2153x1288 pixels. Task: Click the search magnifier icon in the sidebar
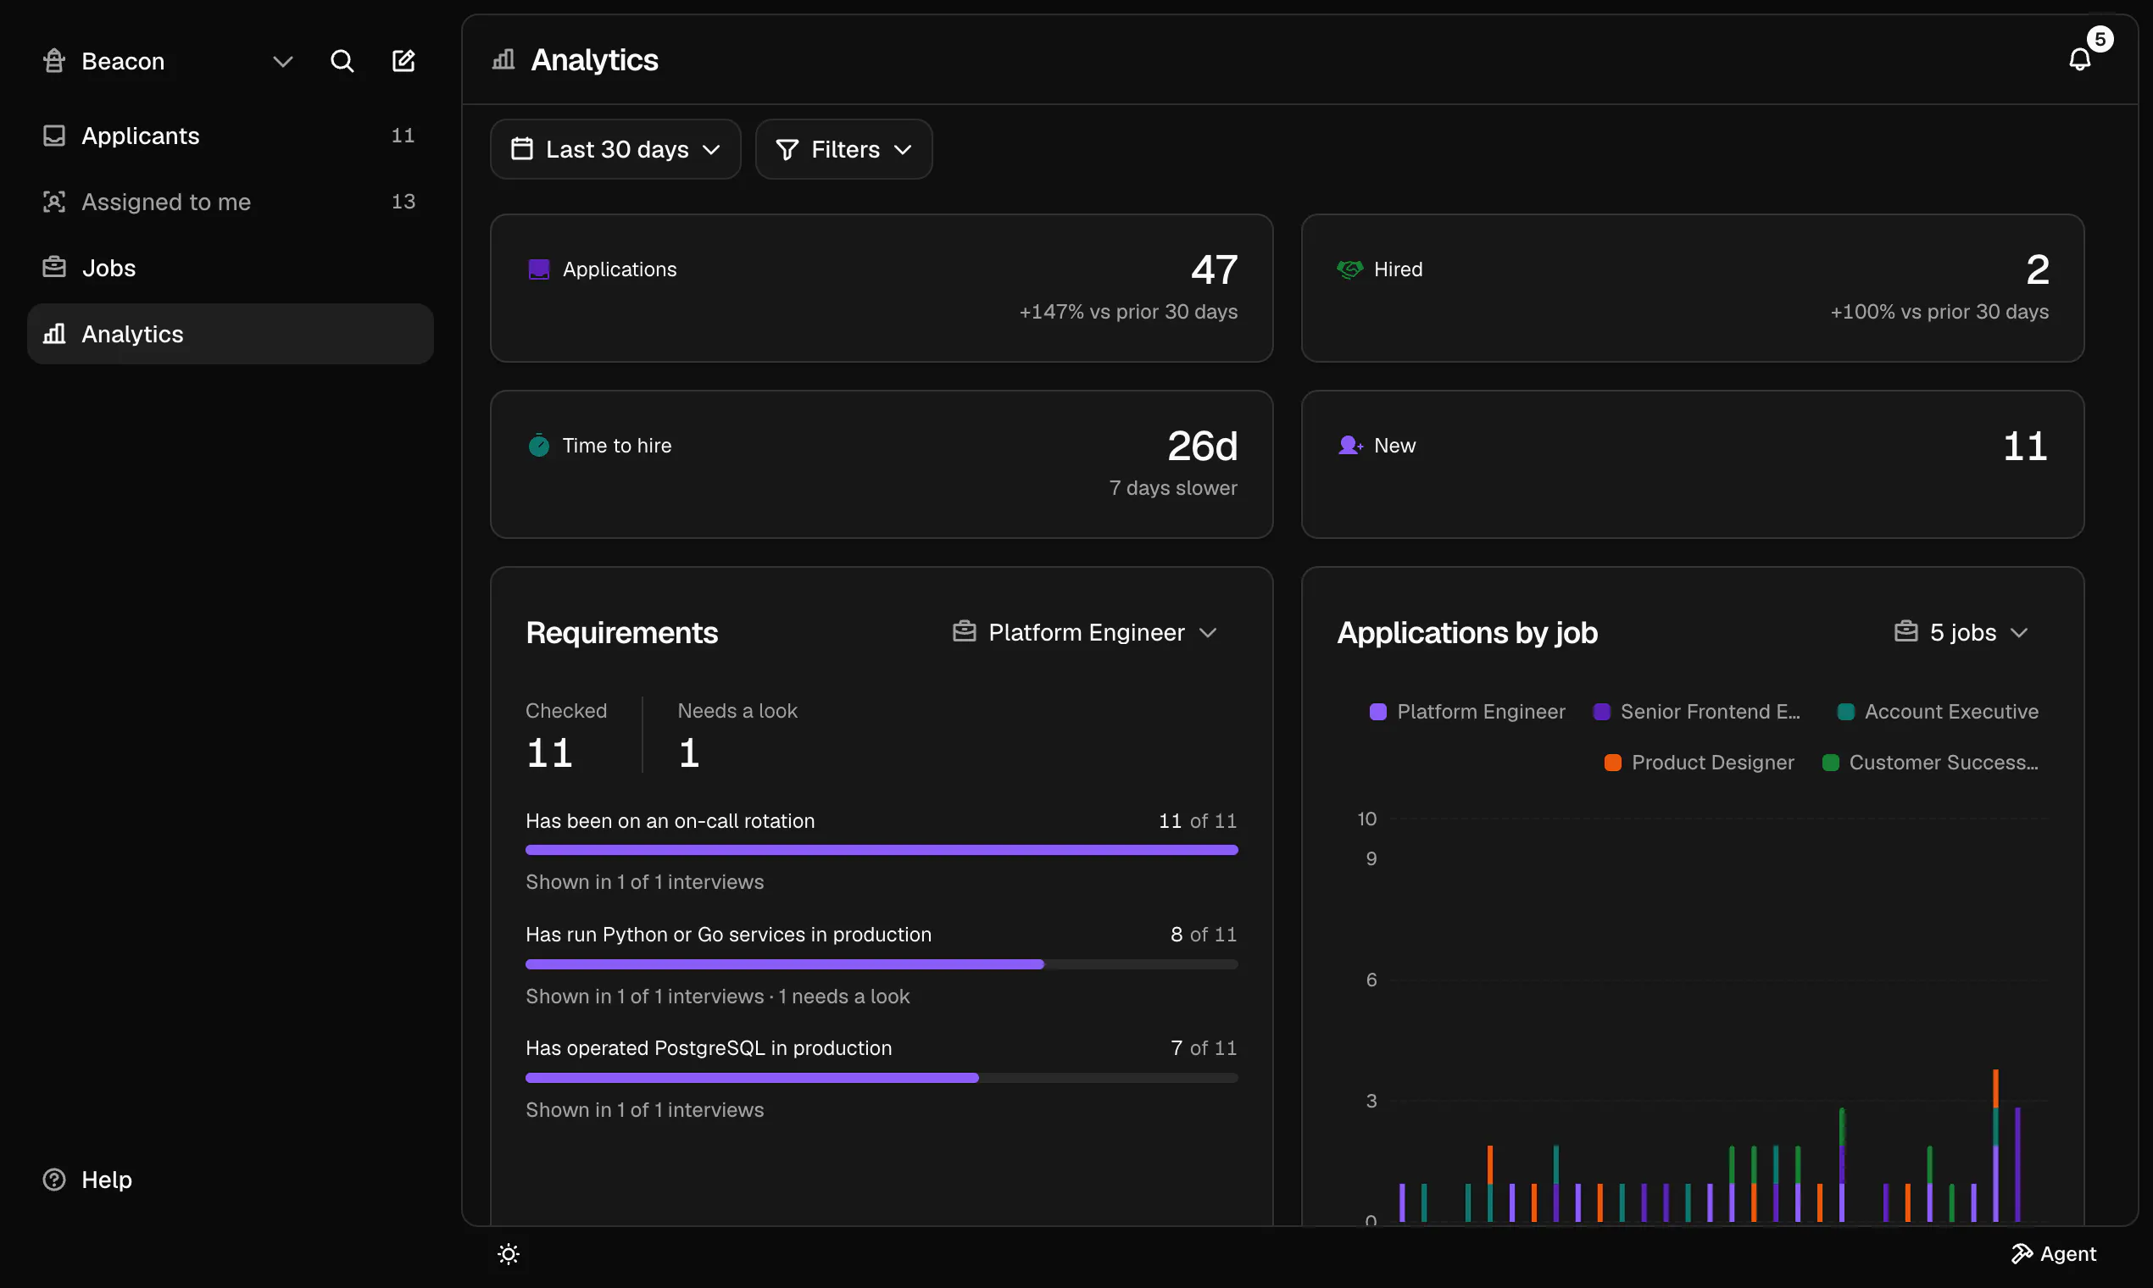click(x=342, y=61)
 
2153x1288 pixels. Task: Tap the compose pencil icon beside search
click(x=403, y=61)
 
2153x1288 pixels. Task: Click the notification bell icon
click(x=2080, y=59)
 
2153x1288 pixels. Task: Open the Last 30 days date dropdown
click(x=615, y=149)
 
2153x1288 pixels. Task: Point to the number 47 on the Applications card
click(x=1215, y=269)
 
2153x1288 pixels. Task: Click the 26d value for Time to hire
click(x=1203, y=446)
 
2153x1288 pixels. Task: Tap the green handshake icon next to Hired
click(x=1350, y=269)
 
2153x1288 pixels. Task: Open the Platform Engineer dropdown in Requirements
click(x=1085, y=633)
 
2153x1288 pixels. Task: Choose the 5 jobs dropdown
click(x=1961, y=633)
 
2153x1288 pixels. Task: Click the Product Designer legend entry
click(x=1699, y=762)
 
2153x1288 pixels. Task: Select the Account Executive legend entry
click(x=1938, y=712)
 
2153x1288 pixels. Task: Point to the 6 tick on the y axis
click(x=1371, y=980)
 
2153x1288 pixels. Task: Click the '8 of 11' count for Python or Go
click(x=1204, y=935)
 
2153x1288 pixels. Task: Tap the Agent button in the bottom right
click(x=2053, y=1254)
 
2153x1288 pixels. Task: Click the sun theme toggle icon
click(x=509, y=1254)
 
